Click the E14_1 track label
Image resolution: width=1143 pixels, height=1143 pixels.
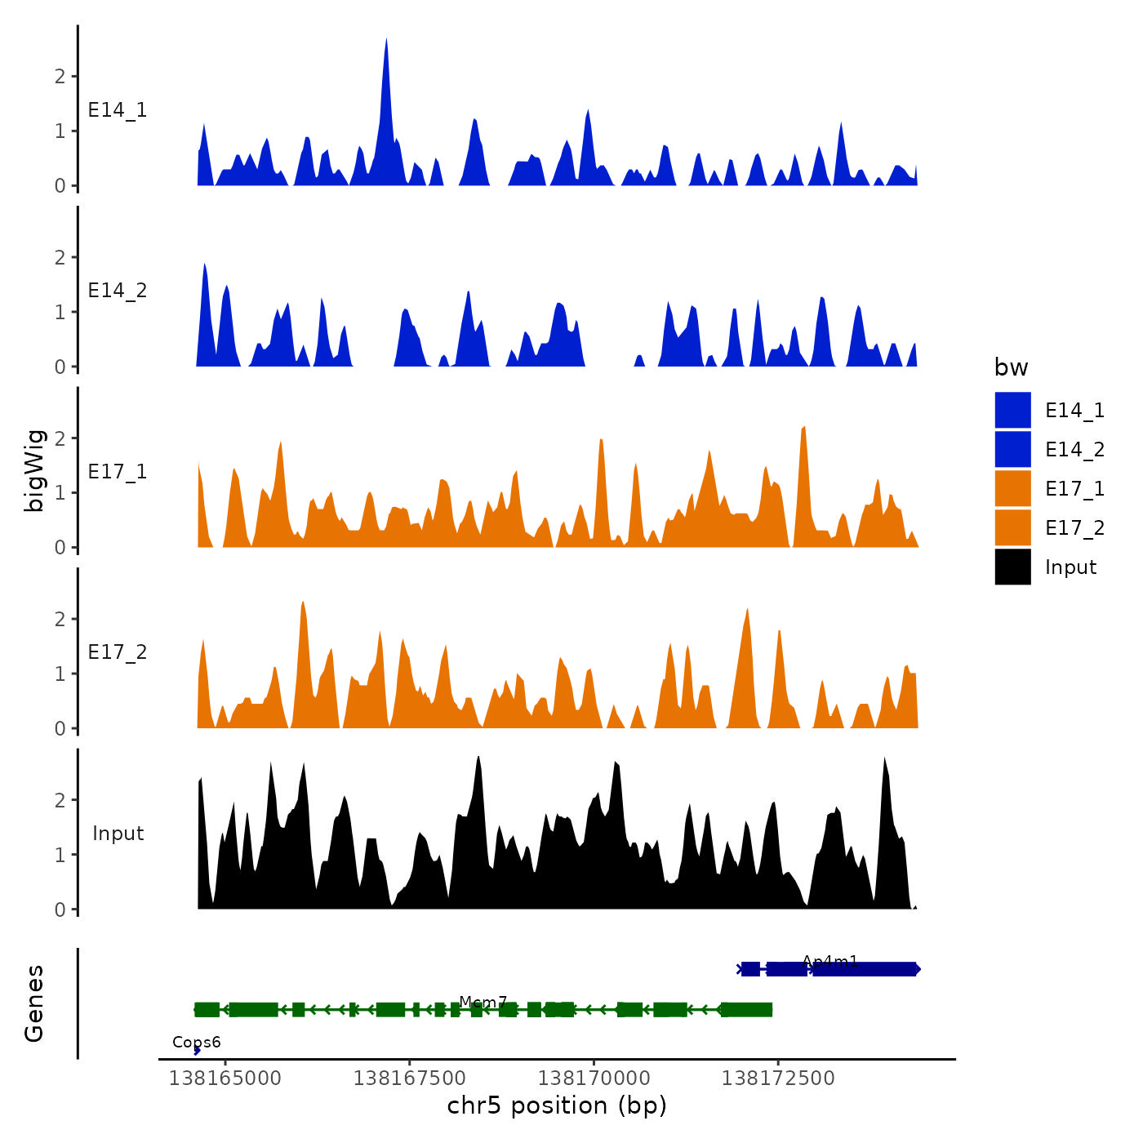click(118, 110)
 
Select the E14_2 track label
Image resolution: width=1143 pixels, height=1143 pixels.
click(118, 291)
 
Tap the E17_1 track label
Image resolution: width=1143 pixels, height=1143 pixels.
click(118, 472)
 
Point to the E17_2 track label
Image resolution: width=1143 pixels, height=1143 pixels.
click(118, 652)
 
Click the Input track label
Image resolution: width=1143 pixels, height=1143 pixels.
click(118, 834)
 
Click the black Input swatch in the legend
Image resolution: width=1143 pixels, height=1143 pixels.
click(1012, 567)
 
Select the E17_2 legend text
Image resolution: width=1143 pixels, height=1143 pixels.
click(1074, 528)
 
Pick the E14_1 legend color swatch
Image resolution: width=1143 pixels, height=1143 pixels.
click(1012, 410)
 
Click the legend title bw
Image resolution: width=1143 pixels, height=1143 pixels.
click(1011, 368)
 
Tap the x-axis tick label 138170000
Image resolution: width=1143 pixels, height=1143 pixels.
click(594, 1079)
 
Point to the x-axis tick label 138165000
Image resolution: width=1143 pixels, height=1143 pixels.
click(225, 1079)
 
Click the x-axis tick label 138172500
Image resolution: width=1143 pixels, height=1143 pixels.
click(778, 1079)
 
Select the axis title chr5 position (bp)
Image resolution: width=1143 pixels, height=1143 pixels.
click(557, 1105)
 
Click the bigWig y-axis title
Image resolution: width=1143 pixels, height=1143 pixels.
click(34, 470)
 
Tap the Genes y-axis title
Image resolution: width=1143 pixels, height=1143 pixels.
click(34, 1003)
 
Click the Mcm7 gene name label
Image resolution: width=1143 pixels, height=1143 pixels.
click(483, 1002)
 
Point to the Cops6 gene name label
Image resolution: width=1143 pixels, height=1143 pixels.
click(196, 1043)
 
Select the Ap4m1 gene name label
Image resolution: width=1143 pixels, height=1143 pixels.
click(829, 962)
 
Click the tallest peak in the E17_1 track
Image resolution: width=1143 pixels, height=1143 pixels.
click(804, 428)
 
